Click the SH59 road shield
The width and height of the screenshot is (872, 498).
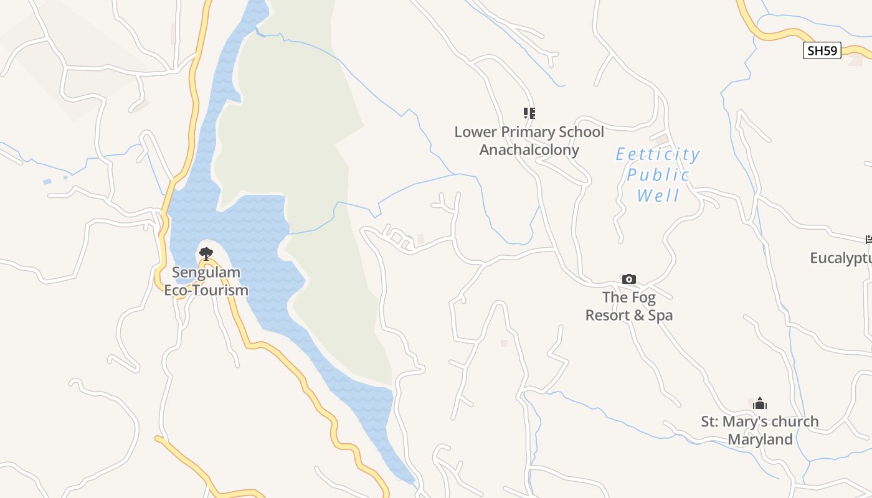[x=822, y=50]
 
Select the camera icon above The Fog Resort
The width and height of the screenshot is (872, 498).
[x=629, y=279]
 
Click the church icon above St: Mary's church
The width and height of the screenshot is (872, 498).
[x=760, y=403]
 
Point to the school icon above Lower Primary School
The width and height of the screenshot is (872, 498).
[x=529, y=113]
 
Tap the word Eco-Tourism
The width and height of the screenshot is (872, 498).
[x=206, y=290]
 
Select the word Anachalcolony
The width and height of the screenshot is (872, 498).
[x=529, y=150]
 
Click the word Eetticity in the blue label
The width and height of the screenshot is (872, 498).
[x=658, y=154]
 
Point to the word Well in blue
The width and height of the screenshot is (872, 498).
[x=658, y=196]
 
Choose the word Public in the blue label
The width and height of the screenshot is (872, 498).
[x=658, y=175]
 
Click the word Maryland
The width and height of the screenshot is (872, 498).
[x=760, y=439]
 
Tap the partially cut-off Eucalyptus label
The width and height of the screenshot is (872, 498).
[x=841, y=258]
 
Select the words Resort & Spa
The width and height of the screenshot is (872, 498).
[x=629, y=315]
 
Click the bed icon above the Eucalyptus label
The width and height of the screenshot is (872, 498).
[x=868, y=239]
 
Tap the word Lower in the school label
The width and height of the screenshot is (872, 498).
[x=474, y=132]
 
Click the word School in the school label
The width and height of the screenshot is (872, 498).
[x=581, y=132]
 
